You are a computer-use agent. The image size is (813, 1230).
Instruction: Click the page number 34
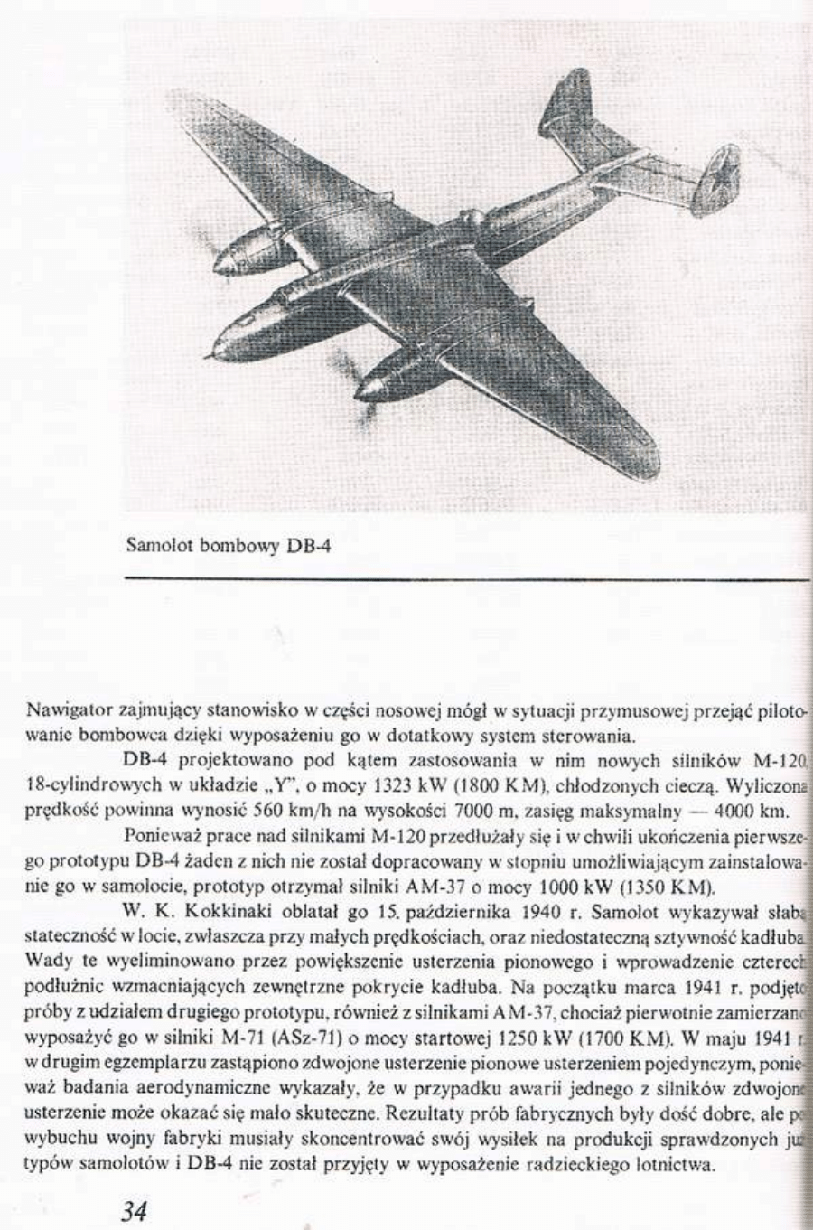(134, 1211)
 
